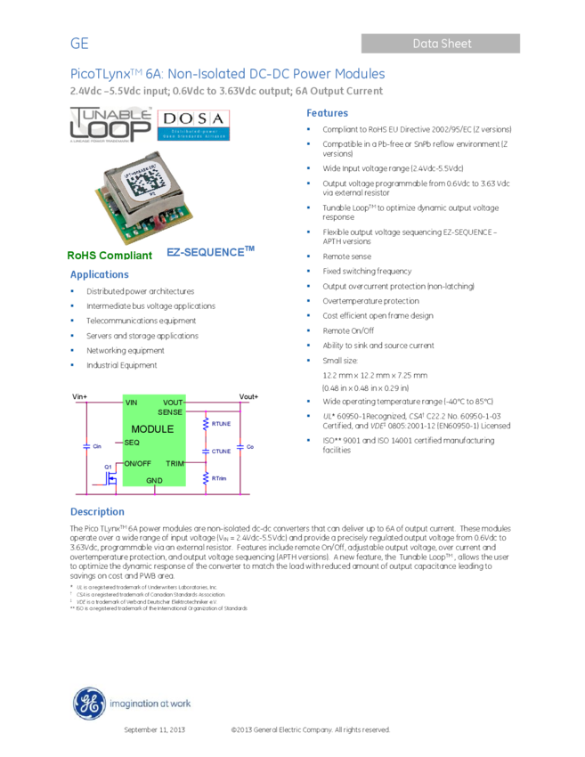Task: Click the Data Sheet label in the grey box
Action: tap(442, 44)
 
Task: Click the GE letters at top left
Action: tap(80, 44)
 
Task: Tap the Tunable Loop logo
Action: tap(110, 125)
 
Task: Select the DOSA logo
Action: tap(193, 125)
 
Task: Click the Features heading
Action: tap(327, 114)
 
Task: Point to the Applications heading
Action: tap(100, 275)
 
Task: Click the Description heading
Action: tap(97, 512)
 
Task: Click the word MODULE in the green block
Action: tap(152, 429)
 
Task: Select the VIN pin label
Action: tap(132, 403)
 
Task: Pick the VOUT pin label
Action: tap(173, 403)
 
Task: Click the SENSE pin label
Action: tap(170, 412)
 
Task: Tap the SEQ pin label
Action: tap(132, 443)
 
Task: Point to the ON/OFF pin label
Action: tap(137, 463)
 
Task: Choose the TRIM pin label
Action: tap(175, 463)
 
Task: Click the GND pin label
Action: tap(154, 481)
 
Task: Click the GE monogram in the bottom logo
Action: tap(89, 704)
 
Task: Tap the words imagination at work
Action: tap(150, 704)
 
